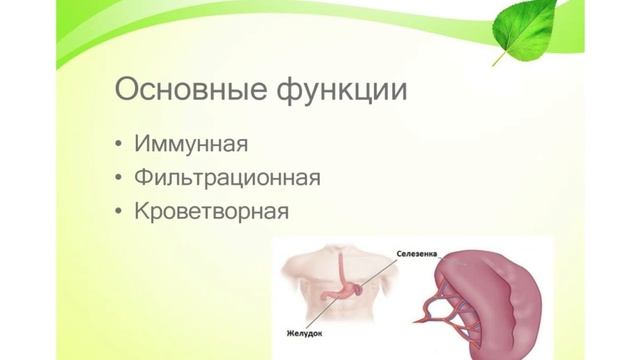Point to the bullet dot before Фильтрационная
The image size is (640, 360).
pos(121,179)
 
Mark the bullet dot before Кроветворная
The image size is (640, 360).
pos(121,213)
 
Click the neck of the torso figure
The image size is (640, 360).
pos(341,250)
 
